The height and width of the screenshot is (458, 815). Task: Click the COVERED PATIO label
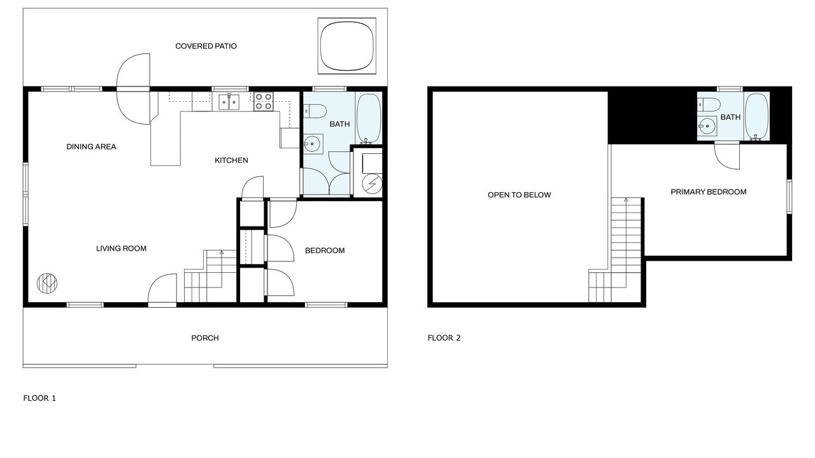[x=206, y=46]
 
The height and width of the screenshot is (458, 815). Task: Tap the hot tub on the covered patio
[x=347, y=46]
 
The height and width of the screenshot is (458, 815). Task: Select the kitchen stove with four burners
[x=264, y=101]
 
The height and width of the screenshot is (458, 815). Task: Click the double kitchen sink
[x=229, y=102]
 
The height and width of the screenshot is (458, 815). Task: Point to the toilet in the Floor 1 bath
[x=315, y=111]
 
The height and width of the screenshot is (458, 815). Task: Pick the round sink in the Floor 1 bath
[x=312, y=144]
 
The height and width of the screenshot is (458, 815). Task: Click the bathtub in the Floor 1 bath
[x=369, y=118]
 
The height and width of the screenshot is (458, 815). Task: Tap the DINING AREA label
[x=91, y=147]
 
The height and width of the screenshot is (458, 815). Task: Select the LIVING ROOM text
[x=121, y=249]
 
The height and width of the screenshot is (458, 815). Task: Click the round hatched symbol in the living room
[x=47, y=283]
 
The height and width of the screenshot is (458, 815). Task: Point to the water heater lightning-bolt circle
[x=372, y=184]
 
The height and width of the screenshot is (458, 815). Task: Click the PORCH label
[x=205, y=338]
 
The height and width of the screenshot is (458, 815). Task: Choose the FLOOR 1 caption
[x=39, y=398]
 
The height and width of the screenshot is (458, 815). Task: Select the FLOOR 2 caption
[x=444, y=338]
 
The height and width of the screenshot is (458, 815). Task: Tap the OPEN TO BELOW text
[x=519, y=195]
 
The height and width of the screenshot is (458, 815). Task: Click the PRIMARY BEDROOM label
[x=709, y=192]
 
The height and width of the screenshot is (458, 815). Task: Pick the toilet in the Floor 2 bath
[x=709, y=105]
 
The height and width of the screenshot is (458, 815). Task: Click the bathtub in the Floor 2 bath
[x=756, y=117]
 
